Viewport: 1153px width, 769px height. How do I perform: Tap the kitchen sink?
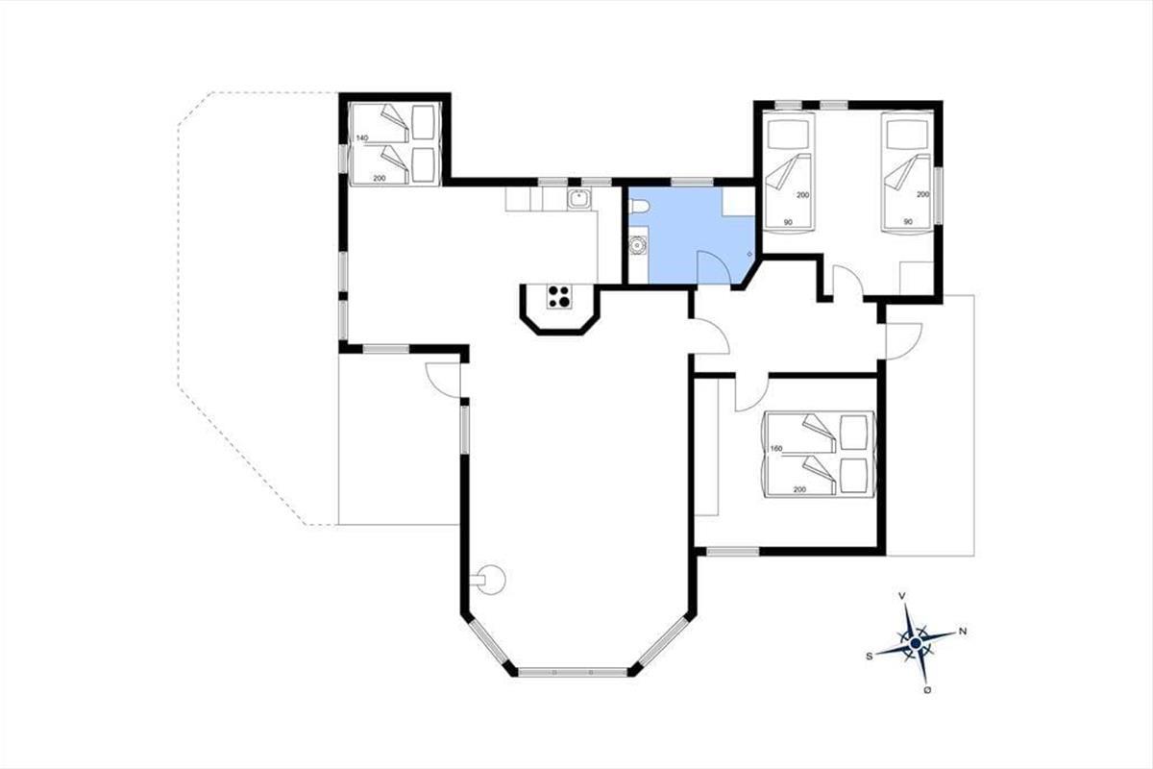pos(580,199)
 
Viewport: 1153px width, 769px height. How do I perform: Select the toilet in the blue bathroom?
pos(640,207)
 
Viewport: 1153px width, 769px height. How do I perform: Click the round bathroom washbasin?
pos(638,246)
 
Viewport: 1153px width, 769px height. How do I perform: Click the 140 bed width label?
pos(362,138)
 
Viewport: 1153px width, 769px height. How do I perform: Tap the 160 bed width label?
pos(776,449)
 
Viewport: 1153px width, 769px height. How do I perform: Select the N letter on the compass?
pos(963,631)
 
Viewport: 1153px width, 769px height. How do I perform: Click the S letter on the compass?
pos(870,657)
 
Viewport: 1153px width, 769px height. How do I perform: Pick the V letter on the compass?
pos(902,596)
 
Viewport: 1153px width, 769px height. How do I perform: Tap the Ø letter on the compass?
pos(927,690)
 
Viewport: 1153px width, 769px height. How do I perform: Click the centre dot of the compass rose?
pos(915,643)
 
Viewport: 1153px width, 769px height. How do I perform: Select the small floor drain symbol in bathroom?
pos(749,254)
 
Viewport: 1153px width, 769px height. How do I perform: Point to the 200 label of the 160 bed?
pos(799,490)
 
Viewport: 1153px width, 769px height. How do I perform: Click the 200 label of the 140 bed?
pos(379,178)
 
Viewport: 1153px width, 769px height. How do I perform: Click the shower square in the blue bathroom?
pos(739,202)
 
